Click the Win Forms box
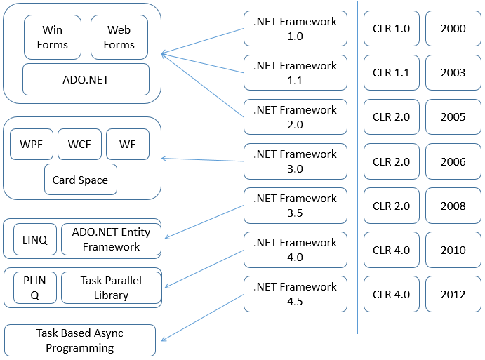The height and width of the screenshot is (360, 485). tap(53, 37)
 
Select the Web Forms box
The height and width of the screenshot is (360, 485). tap(119, 37)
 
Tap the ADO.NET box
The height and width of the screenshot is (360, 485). tap(86, 79)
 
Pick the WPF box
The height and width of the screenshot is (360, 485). tap(32, 144)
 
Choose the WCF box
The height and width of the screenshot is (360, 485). tap(79, 144)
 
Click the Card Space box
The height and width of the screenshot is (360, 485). tap(81, 180)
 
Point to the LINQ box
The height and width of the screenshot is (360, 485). tap(35, 239)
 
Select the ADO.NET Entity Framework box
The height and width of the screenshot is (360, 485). tap(112, 239)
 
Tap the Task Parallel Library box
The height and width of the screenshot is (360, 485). tap(112, 288)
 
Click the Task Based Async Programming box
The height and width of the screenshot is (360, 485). tap(80, 340)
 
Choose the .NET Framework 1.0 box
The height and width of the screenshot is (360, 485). tap(295, 29)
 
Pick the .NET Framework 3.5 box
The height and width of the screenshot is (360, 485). tap(295, 206)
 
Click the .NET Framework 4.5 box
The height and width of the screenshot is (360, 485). tap(295, 294)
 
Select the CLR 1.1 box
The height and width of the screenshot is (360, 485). tap(392, 73)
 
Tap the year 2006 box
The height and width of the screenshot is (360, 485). tap(453, 161)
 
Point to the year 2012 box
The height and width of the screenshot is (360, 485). tap(453, 294)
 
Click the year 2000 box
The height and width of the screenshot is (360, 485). tap(453, 29)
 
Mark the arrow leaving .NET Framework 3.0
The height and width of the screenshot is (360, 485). tap(203, 159)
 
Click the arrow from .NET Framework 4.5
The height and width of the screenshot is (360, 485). tap(203, 318)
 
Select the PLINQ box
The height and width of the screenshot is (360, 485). tap(35, 288)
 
